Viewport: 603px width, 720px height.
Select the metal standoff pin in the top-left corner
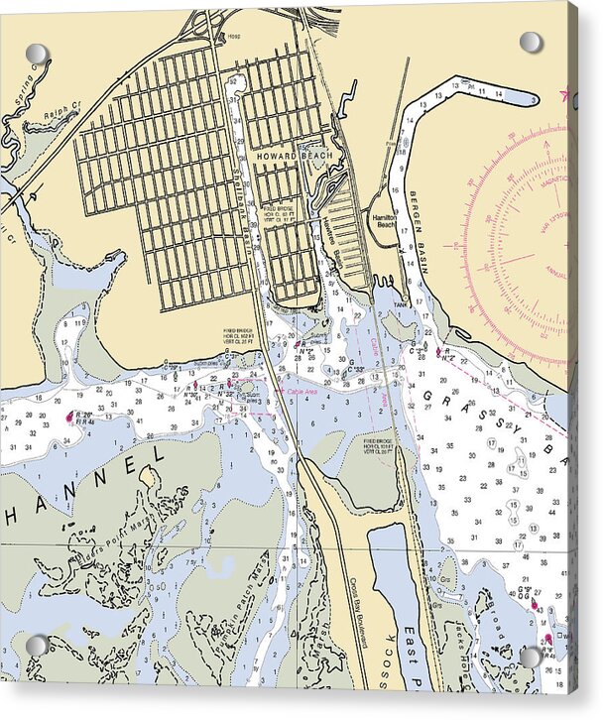(x=37, y=53)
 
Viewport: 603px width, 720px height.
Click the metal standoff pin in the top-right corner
(x=532, y=43)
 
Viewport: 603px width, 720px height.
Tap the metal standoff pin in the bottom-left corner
(x=37, y=646)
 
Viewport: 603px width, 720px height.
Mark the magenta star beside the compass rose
(x=565, y=95)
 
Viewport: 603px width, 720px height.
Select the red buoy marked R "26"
(x=69, y=418)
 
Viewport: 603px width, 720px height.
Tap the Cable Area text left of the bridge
(x=301, y=392)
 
